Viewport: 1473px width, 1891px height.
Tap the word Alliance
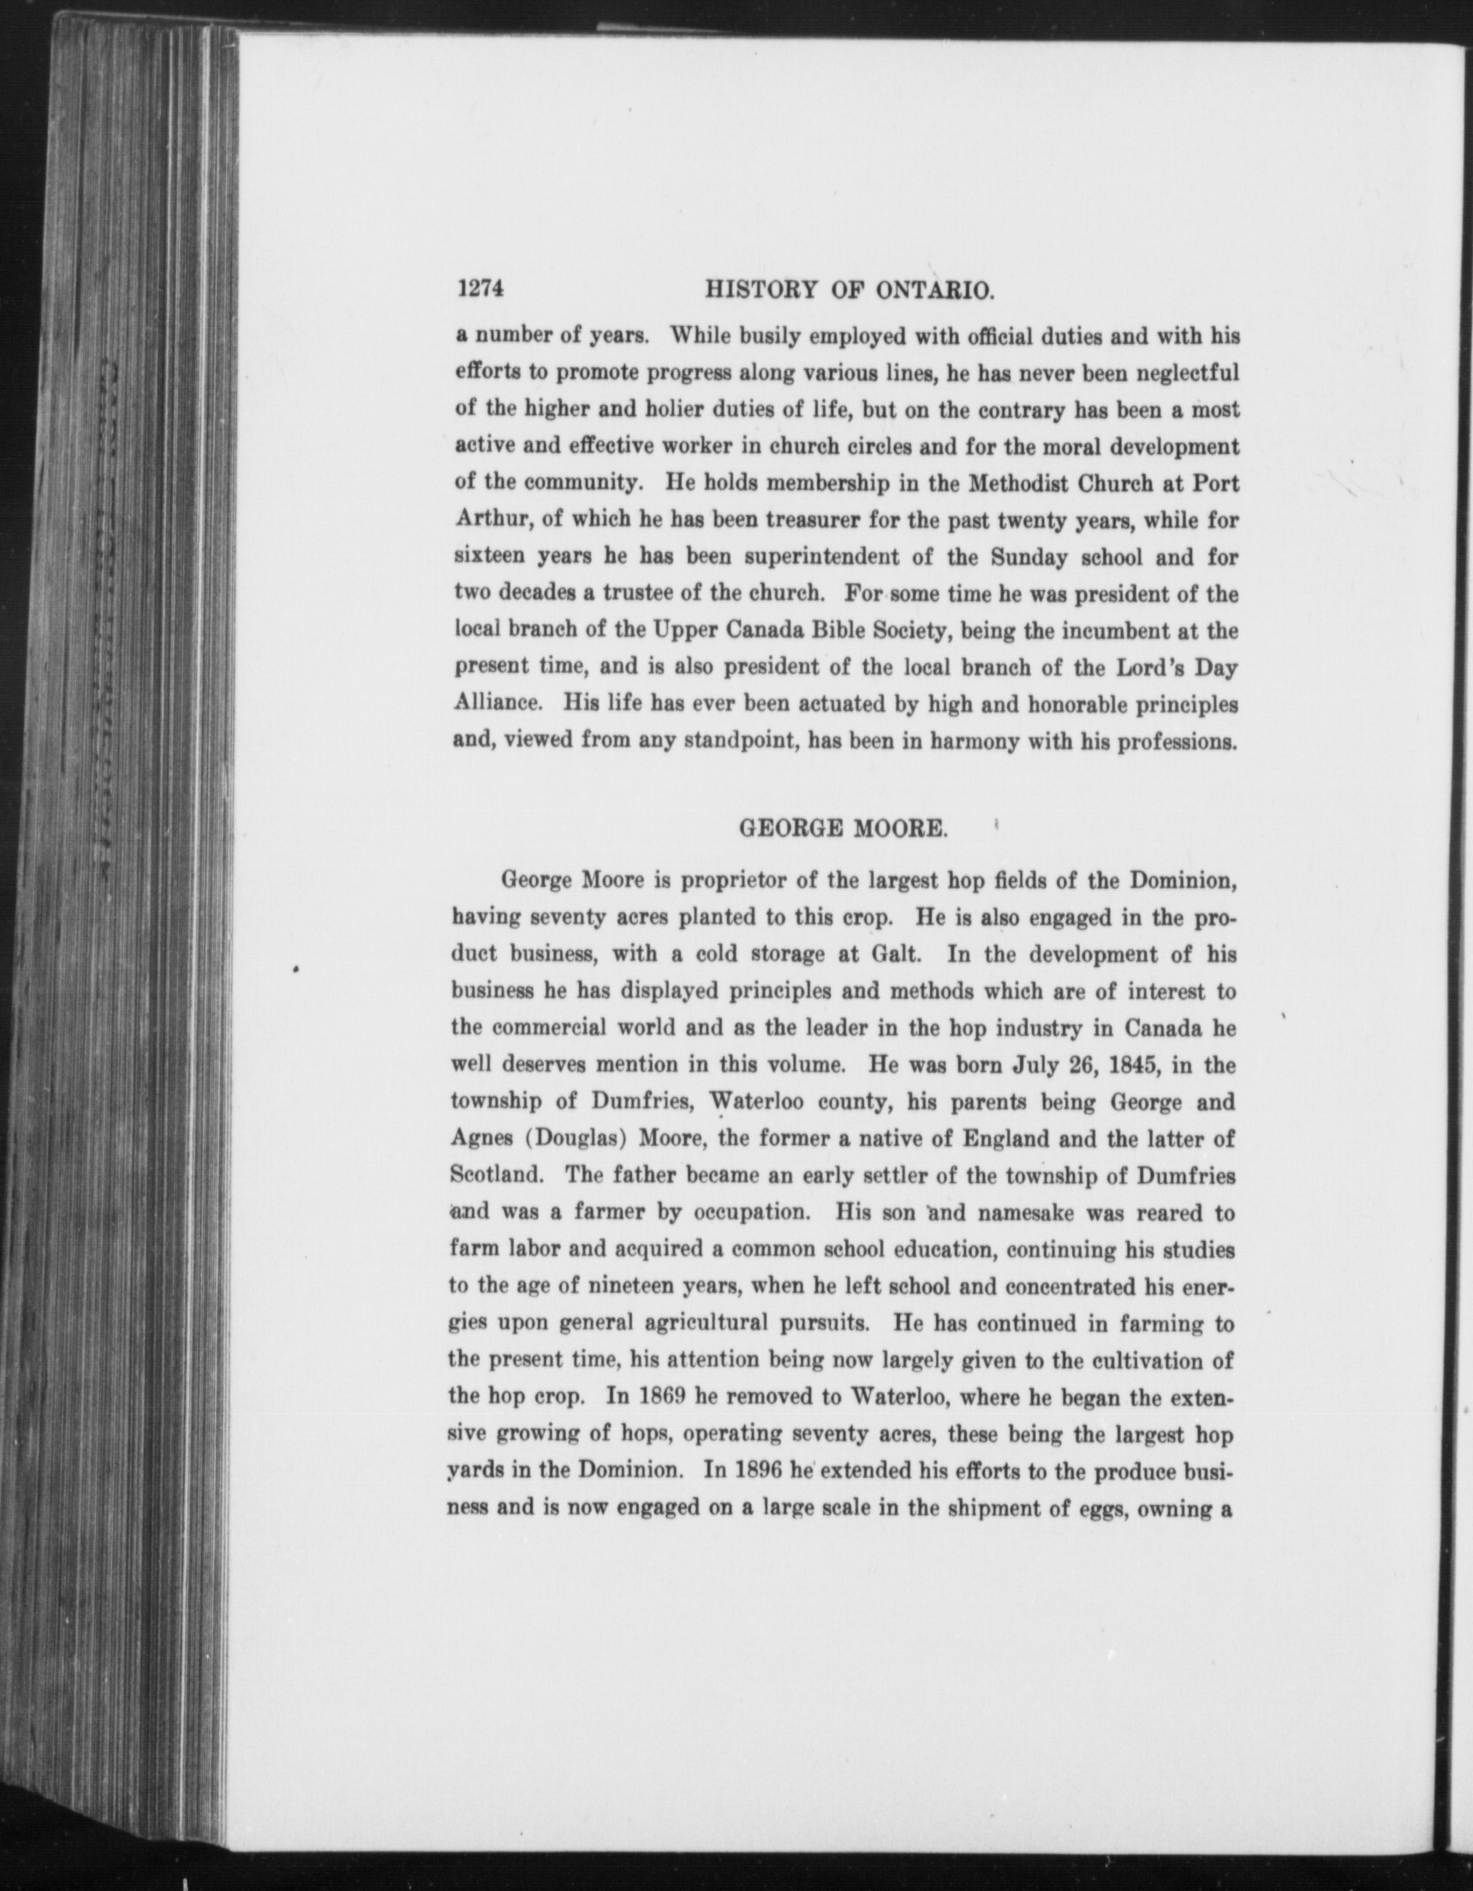(x=498, y=705)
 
